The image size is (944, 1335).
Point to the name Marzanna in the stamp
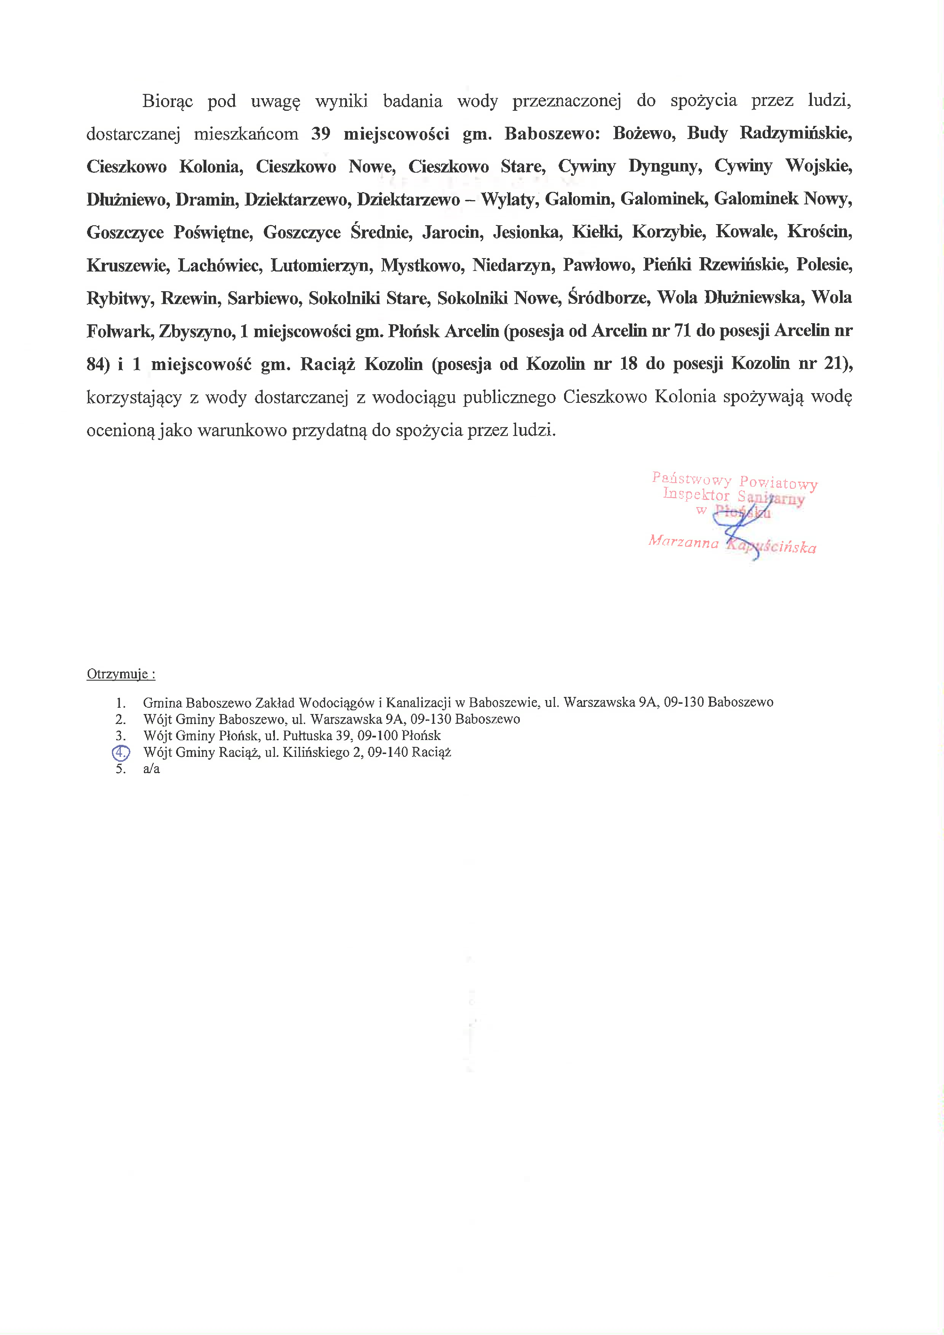683,542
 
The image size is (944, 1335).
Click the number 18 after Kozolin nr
628,364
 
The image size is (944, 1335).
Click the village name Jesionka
527,233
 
